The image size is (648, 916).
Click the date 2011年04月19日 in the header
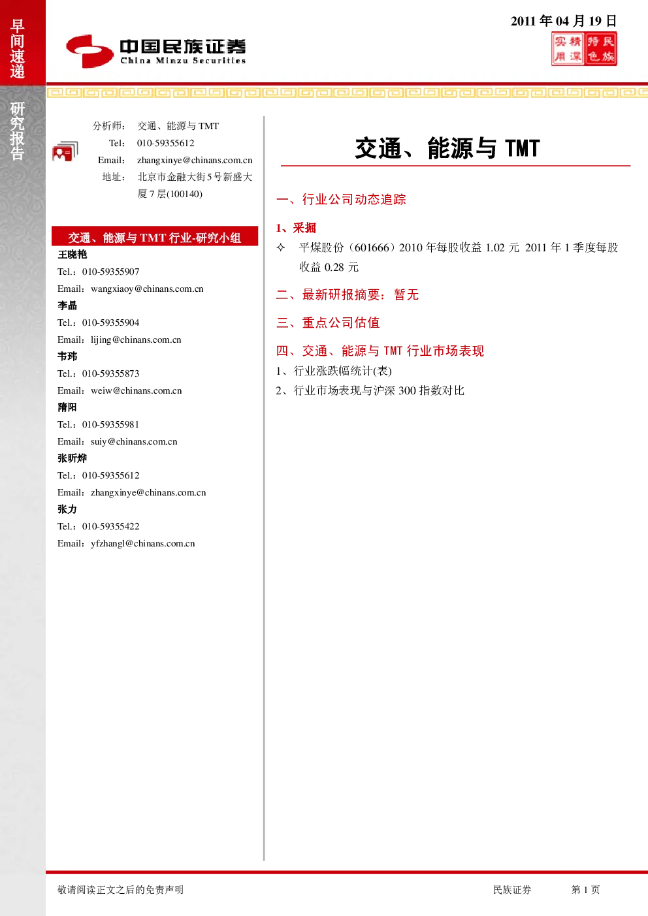(564, 21)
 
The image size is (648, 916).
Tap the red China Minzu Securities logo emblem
(89, 51)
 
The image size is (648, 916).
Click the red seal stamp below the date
(584, 49)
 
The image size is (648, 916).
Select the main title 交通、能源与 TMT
(447, 148)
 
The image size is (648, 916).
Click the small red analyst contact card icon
(65, 151)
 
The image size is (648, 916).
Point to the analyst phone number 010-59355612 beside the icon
(166, 143)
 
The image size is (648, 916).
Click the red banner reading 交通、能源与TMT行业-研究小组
(155, 236)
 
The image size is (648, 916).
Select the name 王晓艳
(73, 255)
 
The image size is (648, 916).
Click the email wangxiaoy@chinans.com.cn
(147, 289)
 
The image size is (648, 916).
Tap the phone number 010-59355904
(110, 323)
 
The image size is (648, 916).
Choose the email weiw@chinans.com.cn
(137, 390)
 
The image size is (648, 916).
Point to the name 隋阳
(67, 407)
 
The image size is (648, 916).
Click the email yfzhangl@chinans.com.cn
(143, 543)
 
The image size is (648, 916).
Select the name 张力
(67, 509)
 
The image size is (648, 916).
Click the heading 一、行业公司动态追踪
(341, 199)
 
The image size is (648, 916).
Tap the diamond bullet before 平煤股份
(281, 247)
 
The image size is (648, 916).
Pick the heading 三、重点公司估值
(328, 323)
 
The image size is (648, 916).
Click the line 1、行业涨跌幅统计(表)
(334, 371)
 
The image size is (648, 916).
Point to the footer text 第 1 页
(585, 889)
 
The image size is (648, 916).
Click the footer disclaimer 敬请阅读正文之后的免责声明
(121, 889)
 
